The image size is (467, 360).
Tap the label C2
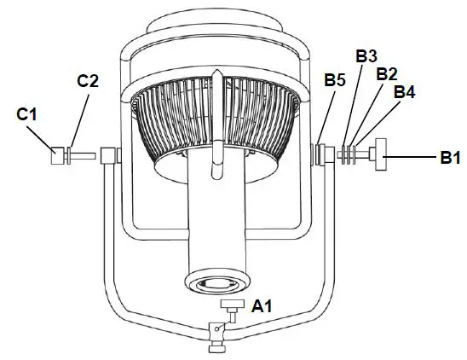[x=89, y=81]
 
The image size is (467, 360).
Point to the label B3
[x=366, y=55]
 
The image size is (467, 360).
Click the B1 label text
[x=451, y=157]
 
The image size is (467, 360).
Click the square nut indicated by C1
[x=58, y=157]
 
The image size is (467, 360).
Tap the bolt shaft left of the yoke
[x=83, y=157]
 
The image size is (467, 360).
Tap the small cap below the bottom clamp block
[x=219, y=346]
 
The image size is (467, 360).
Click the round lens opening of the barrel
[x=218, y=285]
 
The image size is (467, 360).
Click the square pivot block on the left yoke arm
[x=109, y=156]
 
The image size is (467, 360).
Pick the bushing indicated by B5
[x=321, y=155]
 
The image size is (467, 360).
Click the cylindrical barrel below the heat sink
[x=218, y=222]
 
